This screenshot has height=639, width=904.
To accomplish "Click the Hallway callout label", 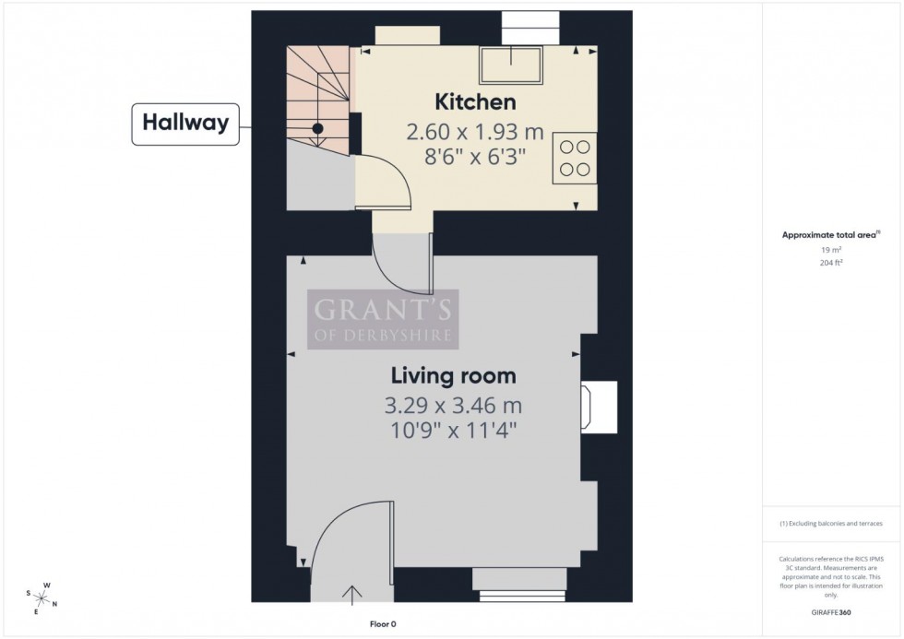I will (x=185, y=124).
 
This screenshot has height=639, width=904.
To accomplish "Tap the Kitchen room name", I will (x=475, y=101).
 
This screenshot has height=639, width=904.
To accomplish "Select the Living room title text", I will (x=453, y=375).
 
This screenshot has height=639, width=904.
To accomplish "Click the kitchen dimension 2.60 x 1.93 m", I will (x=475, y=132).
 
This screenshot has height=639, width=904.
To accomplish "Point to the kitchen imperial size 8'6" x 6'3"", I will (x=475, y=157).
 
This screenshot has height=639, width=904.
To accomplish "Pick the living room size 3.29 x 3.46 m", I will (x=453, y=405).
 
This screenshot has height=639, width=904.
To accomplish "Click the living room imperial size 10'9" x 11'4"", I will (x=453, y=430).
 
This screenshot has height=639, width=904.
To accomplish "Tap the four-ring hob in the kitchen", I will (x=575, y=157).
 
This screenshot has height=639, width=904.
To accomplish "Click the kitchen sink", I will (x=509, y=65).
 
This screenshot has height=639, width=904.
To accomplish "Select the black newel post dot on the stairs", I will (x=317, y=129).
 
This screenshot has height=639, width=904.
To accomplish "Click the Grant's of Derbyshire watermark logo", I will (x=382, y=319).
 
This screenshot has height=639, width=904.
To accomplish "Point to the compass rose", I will (x=42, y=598).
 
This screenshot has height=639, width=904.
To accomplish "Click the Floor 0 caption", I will (x=382, y=624).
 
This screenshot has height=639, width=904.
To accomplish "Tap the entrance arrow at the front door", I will (x=352, y=594).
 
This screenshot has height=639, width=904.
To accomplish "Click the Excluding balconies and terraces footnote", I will (x=831, y=523).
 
